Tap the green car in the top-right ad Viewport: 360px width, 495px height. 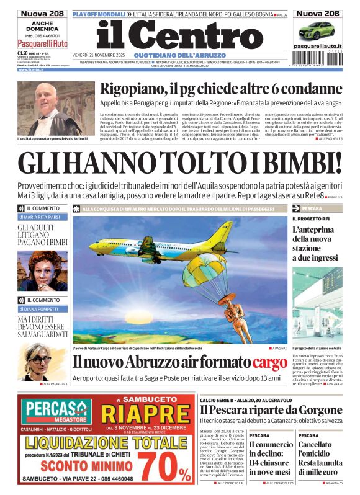tap(316, 30)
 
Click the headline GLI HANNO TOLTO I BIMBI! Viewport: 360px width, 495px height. tap(179, 163)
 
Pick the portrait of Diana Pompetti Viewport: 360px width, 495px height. tap(38, 360)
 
